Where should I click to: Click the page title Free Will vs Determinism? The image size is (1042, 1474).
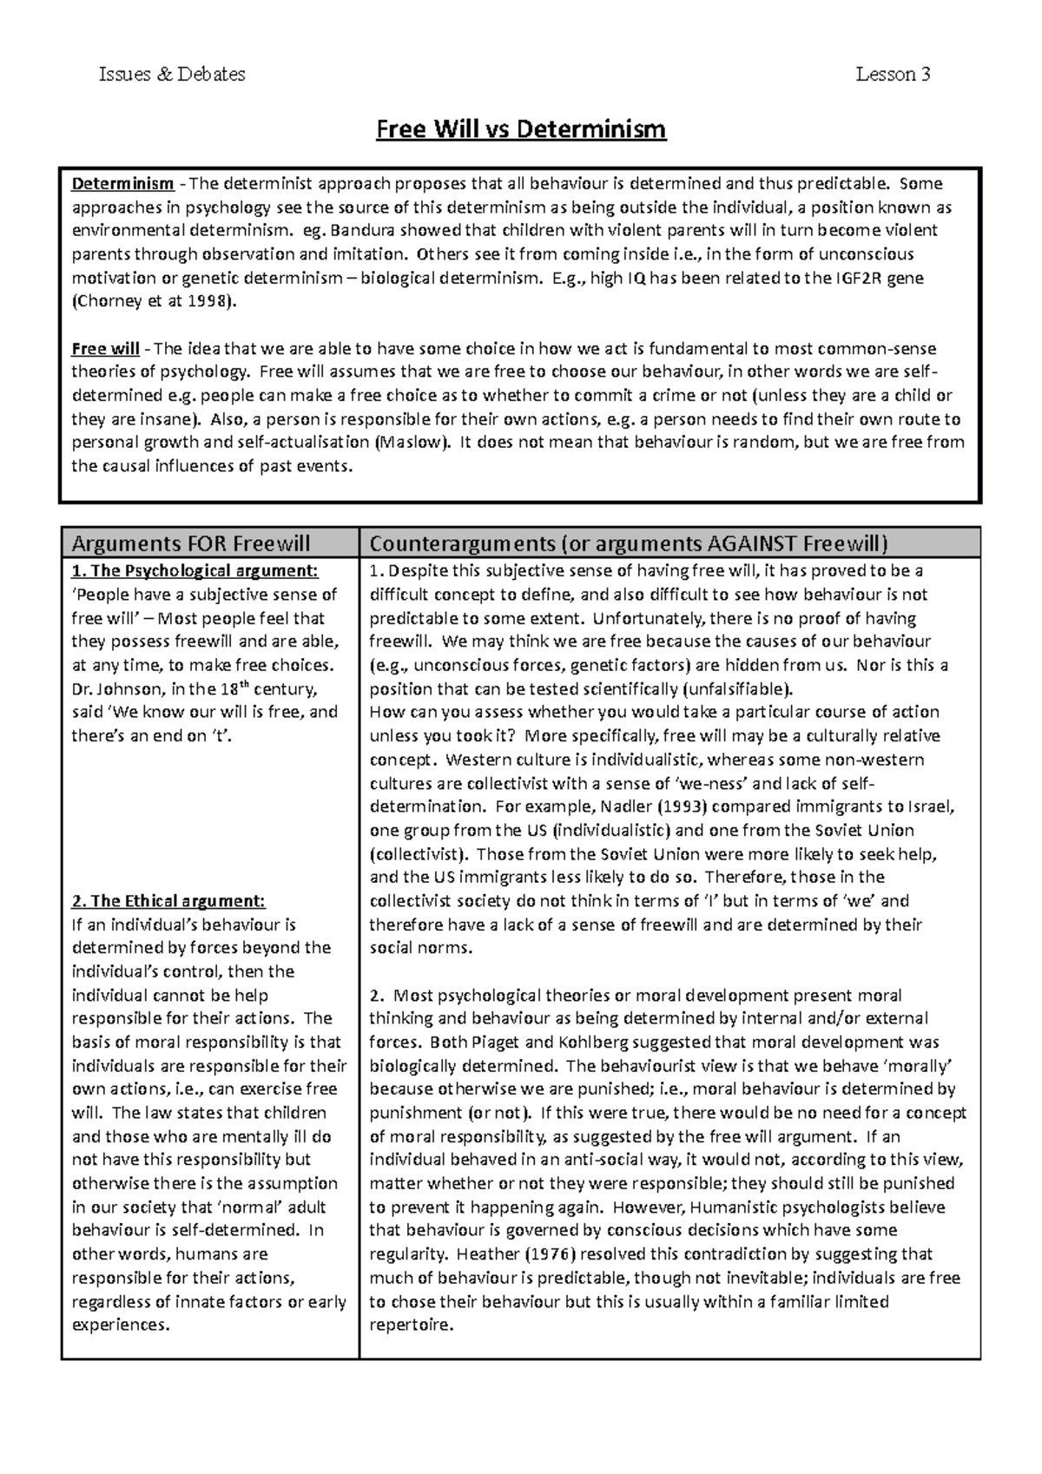(x=520, y=129)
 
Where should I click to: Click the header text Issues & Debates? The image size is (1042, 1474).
(x=172, y=75)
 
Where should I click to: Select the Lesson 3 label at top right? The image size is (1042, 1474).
(x=893, y=75)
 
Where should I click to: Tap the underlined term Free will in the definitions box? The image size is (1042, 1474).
(x=105, y=349)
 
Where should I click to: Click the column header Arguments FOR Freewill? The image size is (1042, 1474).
(x=191, y=544)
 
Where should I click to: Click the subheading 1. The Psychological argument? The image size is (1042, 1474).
(x=195, y=571)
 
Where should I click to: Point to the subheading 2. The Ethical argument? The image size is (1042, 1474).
(x=168, y=901)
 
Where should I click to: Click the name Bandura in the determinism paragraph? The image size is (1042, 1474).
(x=359, y=231)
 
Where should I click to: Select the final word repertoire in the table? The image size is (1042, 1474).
(x=410, y=1326)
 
